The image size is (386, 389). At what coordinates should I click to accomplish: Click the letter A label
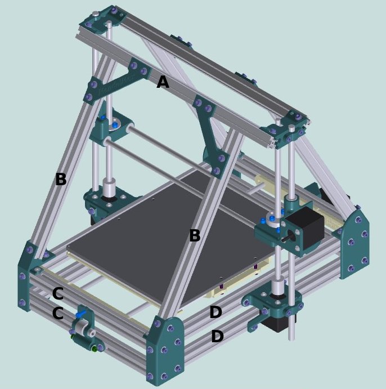(x=163, y=82)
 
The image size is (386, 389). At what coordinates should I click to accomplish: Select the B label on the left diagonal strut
(x=61, y=180)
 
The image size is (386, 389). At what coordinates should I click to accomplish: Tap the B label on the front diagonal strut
(x=195, y=235)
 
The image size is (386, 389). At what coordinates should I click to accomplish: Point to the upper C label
(x=57, y=293)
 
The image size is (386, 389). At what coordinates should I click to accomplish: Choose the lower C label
(x=57, y=313)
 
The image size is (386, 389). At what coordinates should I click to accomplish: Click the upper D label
(x=216, y=312)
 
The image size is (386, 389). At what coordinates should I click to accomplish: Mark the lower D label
(x=217, y=337)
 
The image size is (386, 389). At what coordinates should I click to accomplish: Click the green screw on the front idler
(x=87, y=349)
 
